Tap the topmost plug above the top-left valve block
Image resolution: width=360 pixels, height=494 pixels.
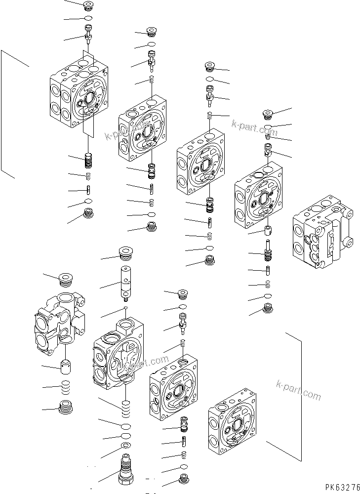[x=89, y=6]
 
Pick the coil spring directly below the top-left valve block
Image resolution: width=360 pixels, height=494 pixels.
[x=89, y=160]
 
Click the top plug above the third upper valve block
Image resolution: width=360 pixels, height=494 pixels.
[x=211, y=67]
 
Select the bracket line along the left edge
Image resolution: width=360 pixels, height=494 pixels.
[x=2, y=114]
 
